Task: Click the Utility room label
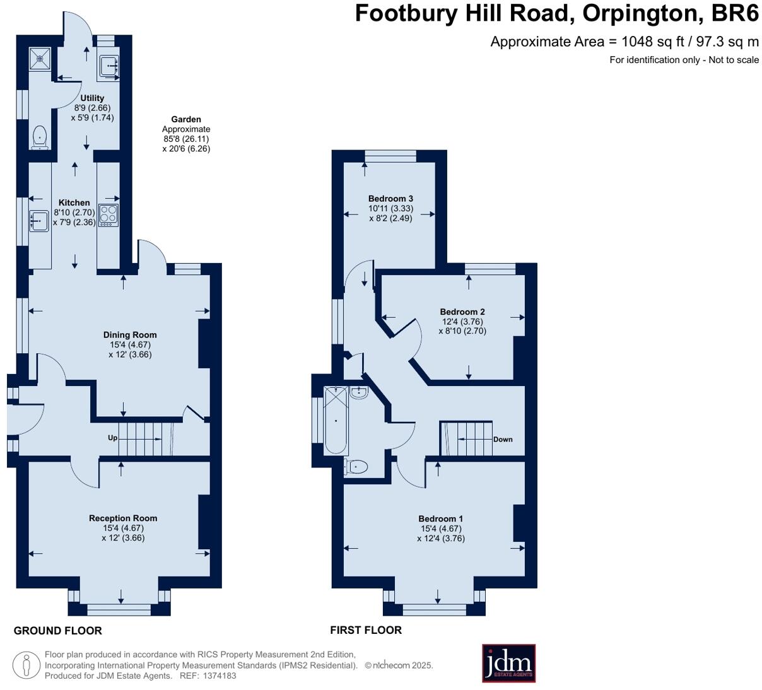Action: pos(92,98)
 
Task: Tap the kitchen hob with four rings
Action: pos(108,216)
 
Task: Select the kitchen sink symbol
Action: pos(39,221)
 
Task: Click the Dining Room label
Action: pos(130,335)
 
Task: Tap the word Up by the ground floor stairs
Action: pos(112,438)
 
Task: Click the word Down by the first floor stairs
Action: pos(503,440)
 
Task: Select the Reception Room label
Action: pos(123,518)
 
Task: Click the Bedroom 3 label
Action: pos(390,199)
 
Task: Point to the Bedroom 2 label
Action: pos(462,312)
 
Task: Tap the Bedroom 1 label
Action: pos(440,519)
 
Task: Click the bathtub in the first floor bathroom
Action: pos(336,421)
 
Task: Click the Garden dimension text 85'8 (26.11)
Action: pos(186,139)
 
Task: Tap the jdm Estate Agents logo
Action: pos(508,663)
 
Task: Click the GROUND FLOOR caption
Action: pos(57,631)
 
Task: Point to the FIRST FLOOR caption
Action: pos(366,630)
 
